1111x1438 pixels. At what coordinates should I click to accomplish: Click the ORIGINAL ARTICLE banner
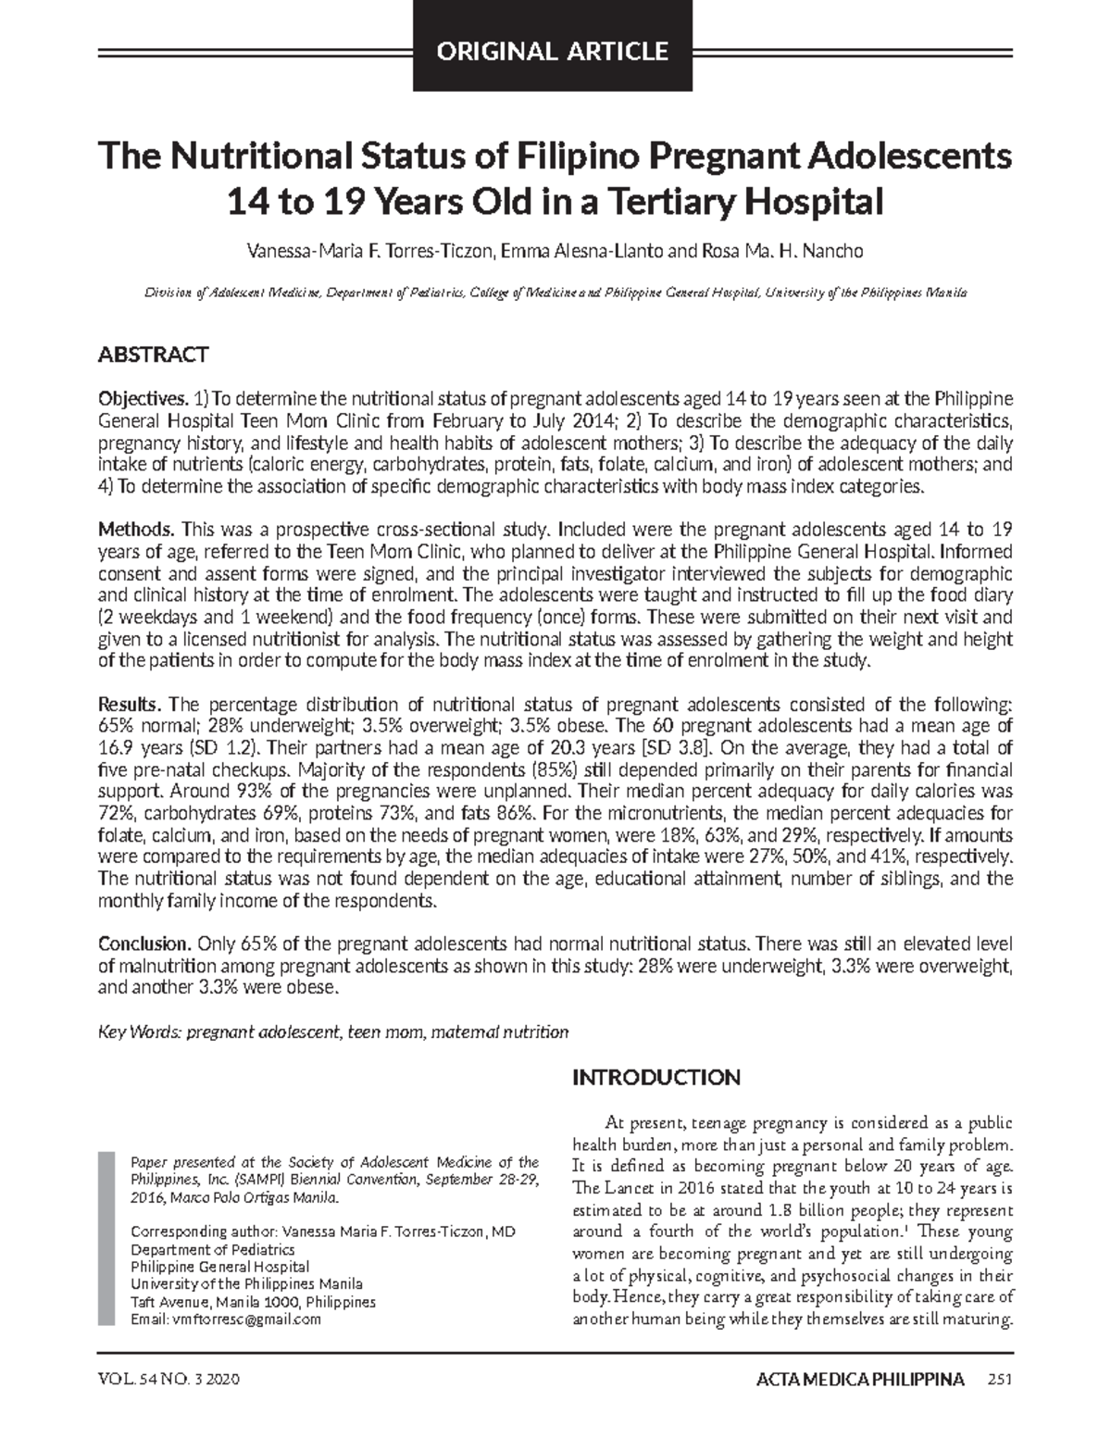pyautogui.click(x=553, y=51)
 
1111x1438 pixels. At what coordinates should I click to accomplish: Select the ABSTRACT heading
pyautogui.click(x=153, y=355)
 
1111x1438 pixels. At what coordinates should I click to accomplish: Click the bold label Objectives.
pyautogui.click(x=143, y=399)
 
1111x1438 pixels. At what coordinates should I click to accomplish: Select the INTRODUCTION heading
pyautogui.click(x=656, y=1078)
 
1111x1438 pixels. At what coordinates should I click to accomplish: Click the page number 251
pyautogui.click(x=1000, y=1381)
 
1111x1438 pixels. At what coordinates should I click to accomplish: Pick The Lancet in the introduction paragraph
pyautogui.click(x=610, y=1188)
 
